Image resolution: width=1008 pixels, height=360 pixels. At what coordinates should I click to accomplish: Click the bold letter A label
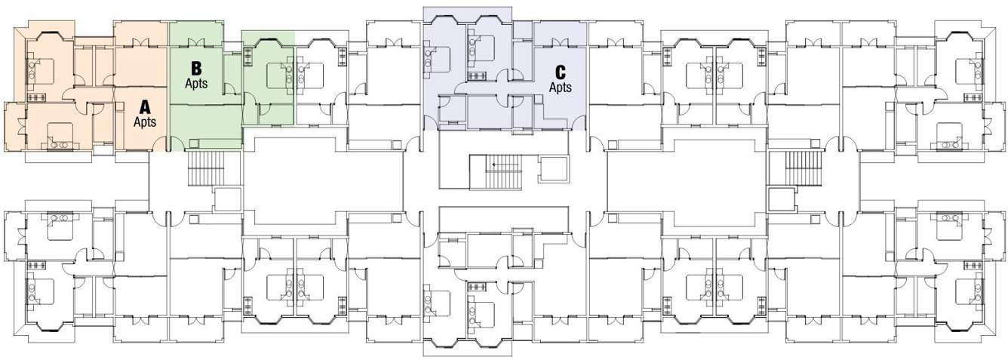(145, 108)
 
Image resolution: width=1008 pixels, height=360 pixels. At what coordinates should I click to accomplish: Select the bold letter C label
(560, 72)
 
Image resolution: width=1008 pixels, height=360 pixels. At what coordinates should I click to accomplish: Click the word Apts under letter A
(145, 122)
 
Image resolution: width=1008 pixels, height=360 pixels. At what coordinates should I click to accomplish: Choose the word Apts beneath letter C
(560, 87)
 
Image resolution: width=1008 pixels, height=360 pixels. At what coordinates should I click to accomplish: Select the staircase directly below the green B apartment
(202, 167)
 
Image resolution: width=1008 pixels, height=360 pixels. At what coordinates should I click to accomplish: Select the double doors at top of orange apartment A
(140, 42)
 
